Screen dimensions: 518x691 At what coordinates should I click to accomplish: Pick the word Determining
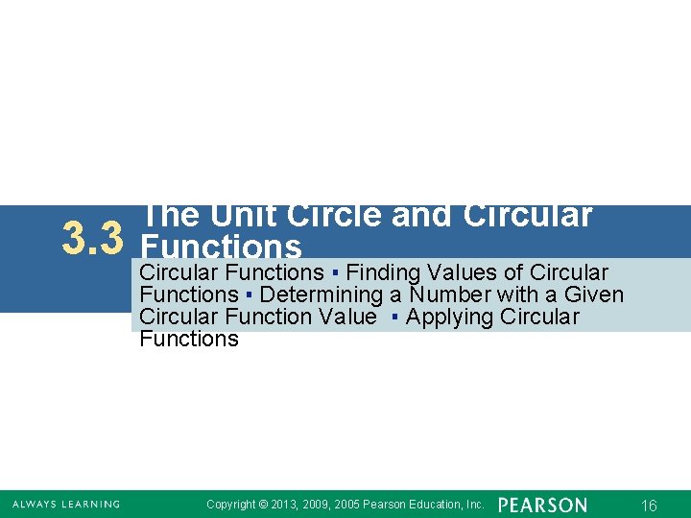pyautogui.click(x=321, y=294)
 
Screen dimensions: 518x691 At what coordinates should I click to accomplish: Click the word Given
pyautogui.click(x=594, y=294)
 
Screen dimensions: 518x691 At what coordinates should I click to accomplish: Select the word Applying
pyautogui.click(x=446, y=317)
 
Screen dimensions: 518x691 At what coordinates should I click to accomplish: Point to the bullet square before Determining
pyautogui.click(x=248, y=295)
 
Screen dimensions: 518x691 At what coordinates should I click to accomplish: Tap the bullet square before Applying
pyautogui.click(x=394, y=318)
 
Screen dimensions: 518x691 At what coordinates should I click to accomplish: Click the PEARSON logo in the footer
pyautogui.click(x=542, y=505)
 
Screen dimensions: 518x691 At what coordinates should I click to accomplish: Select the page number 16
pyautogui.click(x=649, y=506)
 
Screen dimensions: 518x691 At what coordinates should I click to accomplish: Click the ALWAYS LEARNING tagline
pyautogui.click(x=66, y=505)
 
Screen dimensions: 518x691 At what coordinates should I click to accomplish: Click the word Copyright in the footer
pyautogui.click(x=231, y=505)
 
